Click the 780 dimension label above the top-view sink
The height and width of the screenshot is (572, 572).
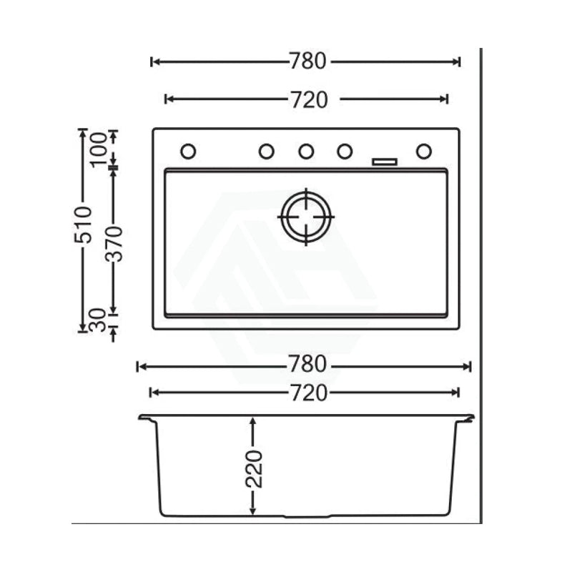pyautogui.click(x=307, y=62)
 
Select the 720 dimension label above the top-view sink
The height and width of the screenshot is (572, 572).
pyautogui.click(x=308, y=99)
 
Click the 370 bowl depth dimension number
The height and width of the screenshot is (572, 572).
pyautogui.click(x=115, y=243)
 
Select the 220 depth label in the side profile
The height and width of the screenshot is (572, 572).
pyautogui.click(x=253, y=468)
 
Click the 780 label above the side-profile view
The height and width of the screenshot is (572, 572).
pyautogui.click(x=307, y=365)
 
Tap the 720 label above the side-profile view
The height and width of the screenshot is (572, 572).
pyautogui.click(x=307, y=392)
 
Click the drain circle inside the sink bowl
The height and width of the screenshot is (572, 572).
pyautogui.click(x=307, y=214)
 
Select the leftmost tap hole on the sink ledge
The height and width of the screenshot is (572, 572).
pyautogui.click(x=188, y=151)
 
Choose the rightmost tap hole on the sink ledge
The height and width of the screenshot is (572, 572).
pyautogui.click(x=424, y=151)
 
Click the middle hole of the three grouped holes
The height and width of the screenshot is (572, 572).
pyautogui.click(x=306, y=151)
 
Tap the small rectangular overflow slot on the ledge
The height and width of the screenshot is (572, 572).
pyautogui.click(x=385, y=162)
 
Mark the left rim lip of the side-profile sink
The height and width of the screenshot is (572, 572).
pyautogui.click(x=145, y=418)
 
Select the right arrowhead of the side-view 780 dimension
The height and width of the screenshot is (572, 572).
pyautogui.click(x=468, y=367)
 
